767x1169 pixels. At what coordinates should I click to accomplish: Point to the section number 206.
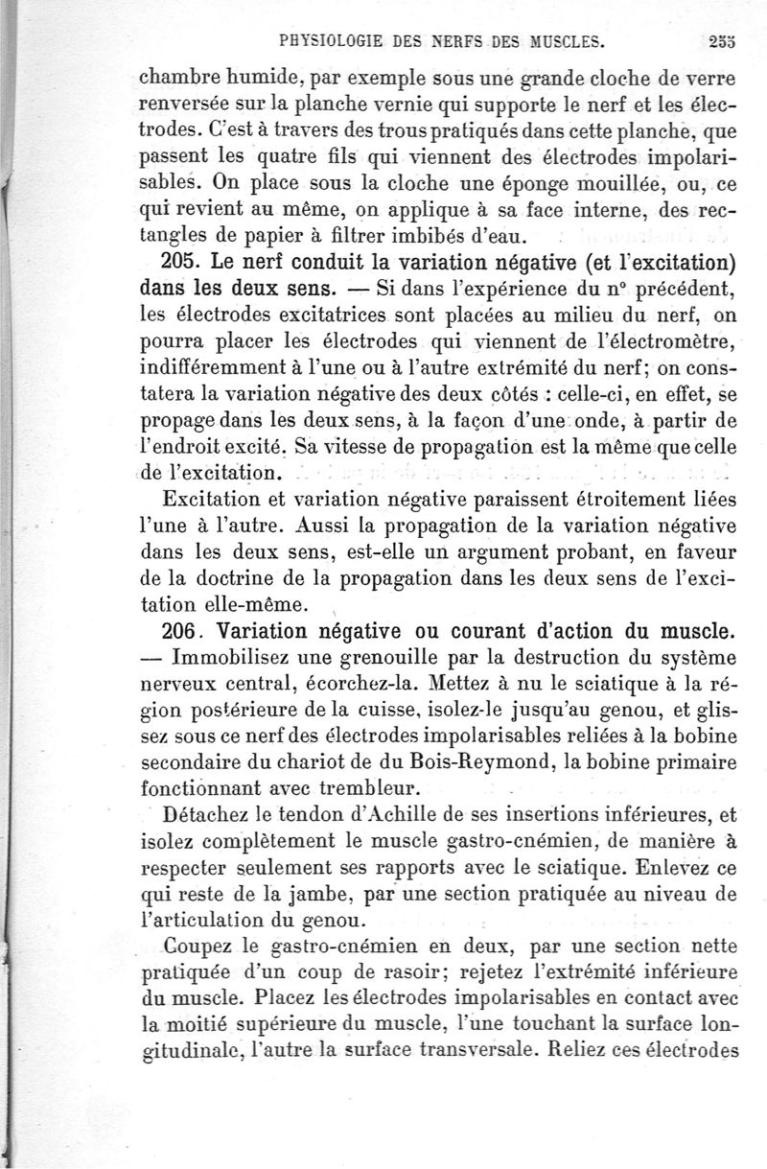pyautogui.click(x=178, y=632)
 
